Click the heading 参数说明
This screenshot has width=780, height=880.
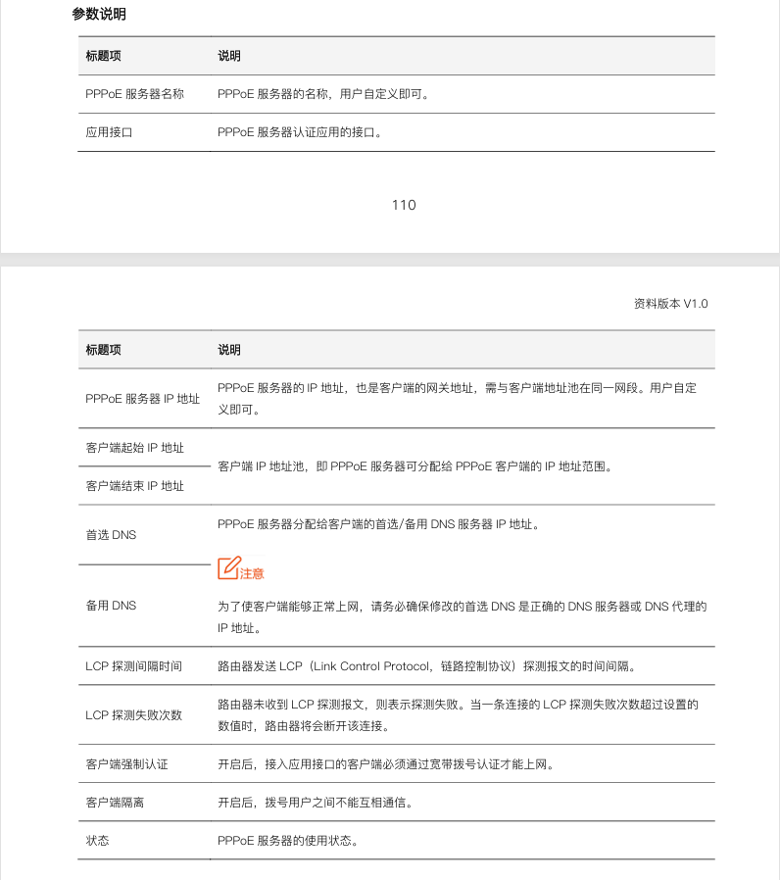(99, 15)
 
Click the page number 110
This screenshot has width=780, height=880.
(403, 205)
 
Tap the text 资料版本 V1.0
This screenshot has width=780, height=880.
(670, 304)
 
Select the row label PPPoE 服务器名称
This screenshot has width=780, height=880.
(134, 94)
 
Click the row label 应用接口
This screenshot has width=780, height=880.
(109, 132)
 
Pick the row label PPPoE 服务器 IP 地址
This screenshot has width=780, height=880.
(142, 399)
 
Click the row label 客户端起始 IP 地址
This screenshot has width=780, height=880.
(134, 448)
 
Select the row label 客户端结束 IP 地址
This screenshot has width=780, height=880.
(134, 486)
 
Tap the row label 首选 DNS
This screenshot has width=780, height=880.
(111, 535)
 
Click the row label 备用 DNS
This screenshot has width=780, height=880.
(111, 606)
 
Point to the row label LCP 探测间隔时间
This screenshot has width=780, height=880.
(133, 666)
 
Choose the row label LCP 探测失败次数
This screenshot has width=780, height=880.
(133, 715)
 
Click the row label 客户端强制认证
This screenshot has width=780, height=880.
(126, 764)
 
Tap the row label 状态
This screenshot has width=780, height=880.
(97, 841)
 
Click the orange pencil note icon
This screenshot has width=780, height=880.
(228, 567)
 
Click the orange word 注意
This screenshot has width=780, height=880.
(252, 573)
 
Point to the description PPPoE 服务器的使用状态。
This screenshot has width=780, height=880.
(287, 841)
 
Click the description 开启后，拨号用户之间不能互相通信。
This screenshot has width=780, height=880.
(315, 803)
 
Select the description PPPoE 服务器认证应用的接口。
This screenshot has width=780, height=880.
(299, 132)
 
